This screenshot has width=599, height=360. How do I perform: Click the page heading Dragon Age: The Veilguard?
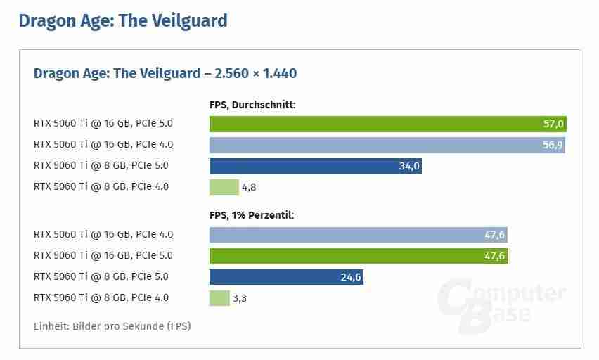(123, 21)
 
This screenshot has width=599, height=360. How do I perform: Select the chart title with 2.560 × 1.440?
(165, 73)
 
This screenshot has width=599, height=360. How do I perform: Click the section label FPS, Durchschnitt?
(252, 105)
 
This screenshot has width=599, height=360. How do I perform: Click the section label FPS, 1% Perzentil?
(252, 215)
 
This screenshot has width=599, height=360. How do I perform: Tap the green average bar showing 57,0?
(387, 124)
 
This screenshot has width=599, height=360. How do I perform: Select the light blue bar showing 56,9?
(387, 145)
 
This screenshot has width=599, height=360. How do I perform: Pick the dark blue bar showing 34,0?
(315, 166)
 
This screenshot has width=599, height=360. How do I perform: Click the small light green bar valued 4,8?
(224, 187)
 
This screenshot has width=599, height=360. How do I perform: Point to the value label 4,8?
(250, 188)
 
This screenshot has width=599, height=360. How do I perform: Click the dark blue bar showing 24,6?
(286, 277)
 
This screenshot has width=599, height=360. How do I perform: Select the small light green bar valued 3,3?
(219, 298)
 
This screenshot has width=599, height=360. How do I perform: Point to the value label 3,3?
(239, 299)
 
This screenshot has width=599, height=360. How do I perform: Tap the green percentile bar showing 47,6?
(358, 256)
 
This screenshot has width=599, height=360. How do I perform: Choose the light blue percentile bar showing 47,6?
(358, 235)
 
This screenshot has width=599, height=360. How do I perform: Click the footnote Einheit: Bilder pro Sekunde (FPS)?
(112, 326)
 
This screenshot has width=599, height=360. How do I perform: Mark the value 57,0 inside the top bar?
(553, 124)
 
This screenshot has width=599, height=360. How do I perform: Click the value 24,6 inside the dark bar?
(350, 277)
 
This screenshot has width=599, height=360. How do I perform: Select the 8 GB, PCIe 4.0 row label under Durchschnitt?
(101, 187)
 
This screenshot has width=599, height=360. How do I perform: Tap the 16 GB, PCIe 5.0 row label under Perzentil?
(103, 256)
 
